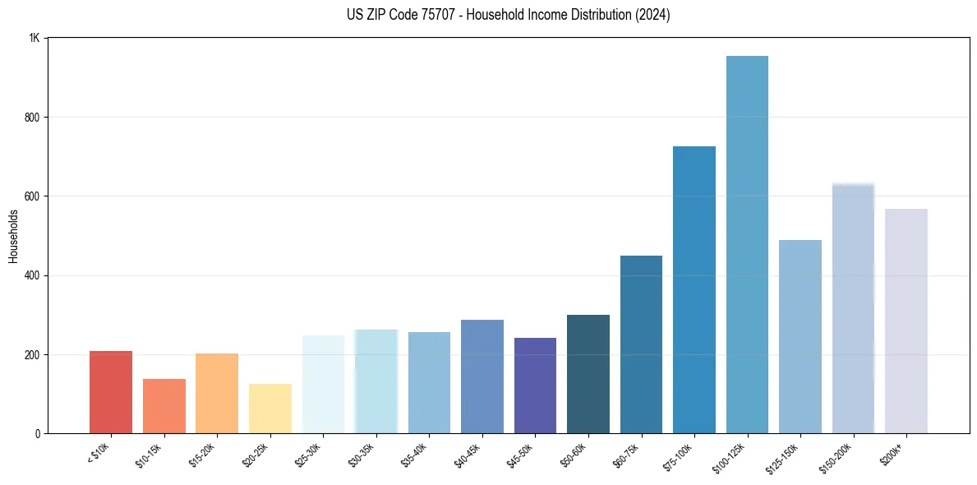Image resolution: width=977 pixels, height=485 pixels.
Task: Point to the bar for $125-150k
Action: pos(800,336)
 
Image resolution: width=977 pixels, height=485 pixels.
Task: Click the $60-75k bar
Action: pos(641,344)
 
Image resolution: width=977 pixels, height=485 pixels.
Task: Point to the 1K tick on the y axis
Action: pos(35,39)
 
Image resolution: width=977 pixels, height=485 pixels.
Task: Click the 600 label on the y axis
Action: pos(33,196)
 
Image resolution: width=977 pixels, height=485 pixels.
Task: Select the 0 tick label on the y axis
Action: pos(38,433)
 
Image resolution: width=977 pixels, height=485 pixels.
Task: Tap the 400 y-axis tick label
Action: pos(33,275)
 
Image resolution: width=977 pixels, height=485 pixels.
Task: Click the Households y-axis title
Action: pos(14,236)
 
